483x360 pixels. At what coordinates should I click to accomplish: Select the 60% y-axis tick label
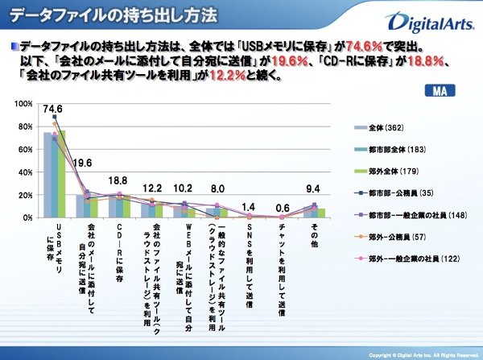26,150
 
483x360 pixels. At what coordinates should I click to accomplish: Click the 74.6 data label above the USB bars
54,110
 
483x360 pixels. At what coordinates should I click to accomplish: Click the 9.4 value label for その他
315,190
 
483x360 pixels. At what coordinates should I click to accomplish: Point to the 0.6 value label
281,209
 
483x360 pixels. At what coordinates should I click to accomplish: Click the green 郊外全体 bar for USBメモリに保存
61,174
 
